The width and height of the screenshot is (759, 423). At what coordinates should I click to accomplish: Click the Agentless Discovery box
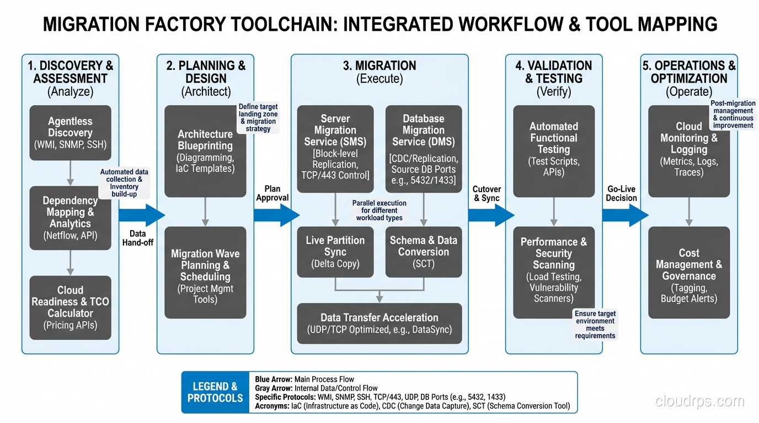coord(70,133)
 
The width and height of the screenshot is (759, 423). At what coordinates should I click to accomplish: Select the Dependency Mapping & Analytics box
coord(70,218)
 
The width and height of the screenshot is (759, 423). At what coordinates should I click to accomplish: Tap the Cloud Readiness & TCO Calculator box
coord(70,307)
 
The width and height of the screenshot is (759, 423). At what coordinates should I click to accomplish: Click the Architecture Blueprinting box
coord(205,151)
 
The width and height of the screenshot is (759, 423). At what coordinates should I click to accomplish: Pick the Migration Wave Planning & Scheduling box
coord(205,272)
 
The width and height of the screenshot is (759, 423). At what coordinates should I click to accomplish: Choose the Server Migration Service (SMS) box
coord(335,149)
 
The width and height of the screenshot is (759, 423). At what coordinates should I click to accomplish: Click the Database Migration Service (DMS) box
coord(423,149)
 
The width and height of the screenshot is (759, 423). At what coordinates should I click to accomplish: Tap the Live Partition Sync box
coord(335,252)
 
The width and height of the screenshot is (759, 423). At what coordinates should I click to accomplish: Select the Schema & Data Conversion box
coord(423,252)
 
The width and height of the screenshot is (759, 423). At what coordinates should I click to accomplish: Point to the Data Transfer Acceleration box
coord(379,323)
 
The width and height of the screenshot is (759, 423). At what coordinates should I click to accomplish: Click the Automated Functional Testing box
coord(554,151)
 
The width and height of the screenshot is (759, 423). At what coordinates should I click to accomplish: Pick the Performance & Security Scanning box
coord(554,272)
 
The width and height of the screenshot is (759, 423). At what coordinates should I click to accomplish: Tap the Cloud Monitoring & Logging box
coord(689,151)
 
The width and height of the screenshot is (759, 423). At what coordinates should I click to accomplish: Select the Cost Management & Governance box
coord(689,272)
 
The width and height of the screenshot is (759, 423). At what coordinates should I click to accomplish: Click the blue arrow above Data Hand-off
coord(142,215)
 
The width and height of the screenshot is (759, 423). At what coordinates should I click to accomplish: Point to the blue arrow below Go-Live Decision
coord(626,215)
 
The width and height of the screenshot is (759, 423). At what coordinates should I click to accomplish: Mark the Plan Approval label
coord(272,193)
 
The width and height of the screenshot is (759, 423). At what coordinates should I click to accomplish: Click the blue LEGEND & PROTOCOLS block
coord(215,392)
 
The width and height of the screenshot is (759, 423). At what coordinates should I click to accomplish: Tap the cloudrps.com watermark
coord(699,401)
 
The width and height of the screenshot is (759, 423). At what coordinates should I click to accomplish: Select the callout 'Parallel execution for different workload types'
coord(379,210)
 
